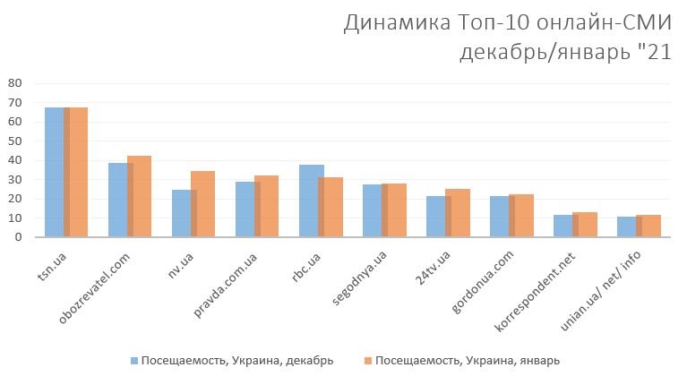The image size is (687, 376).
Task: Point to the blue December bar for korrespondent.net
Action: [562, 226]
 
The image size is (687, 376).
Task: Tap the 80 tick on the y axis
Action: [14, 82]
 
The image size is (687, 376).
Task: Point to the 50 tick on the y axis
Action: [14, 141]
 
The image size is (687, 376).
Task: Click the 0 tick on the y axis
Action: [18, 237]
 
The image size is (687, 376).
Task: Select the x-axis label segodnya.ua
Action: [360, 278]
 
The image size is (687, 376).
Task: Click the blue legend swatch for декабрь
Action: [133, 360]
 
